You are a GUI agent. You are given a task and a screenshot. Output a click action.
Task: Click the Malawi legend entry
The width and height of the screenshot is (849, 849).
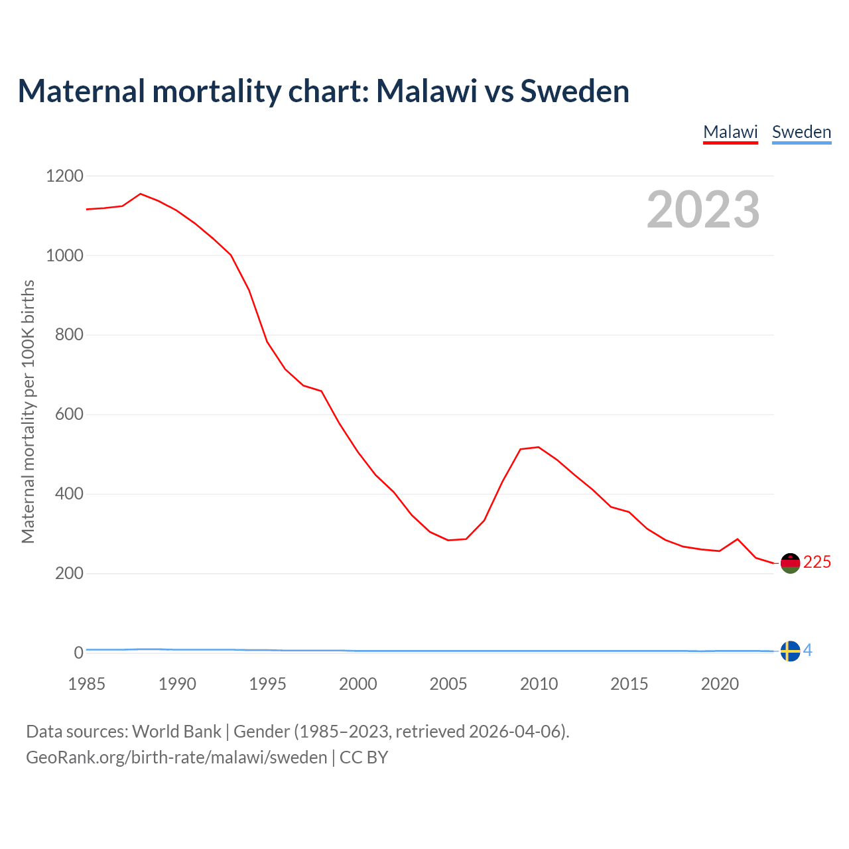(x=730, y=132)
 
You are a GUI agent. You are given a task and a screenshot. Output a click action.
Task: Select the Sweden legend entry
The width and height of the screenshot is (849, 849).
(x=801, y=132)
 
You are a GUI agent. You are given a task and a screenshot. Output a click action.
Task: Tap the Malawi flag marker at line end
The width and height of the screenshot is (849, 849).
(x=790, y=563)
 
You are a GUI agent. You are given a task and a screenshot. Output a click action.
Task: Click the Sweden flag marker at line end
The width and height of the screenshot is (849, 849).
(x=790, y=651)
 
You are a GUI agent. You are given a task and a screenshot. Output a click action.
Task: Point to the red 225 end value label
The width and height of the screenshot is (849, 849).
(x=817, y=562)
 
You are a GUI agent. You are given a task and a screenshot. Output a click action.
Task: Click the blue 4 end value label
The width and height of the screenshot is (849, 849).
(x=808, y=651)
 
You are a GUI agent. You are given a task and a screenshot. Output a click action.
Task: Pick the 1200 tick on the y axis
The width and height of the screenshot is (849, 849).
(x=64, y=176)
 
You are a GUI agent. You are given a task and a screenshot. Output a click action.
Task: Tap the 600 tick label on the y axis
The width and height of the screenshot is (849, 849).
(x=69, y=415)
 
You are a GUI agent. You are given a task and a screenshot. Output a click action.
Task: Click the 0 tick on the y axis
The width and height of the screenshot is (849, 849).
(x=79, y=653)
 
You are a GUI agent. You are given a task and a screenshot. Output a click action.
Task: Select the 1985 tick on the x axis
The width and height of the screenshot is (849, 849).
(x=87, y=684)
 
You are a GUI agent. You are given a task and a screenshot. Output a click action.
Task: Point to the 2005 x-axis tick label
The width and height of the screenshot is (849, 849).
(x=448, y=684)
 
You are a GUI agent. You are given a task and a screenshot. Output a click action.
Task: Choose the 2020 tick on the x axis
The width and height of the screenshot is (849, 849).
(x=720, y=684)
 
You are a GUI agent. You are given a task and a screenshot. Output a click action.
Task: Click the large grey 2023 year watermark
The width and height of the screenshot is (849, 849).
(x=703, y=210)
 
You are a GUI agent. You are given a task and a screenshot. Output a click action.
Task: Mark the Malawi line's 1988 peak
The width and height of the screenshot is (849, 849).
(x=141, y=194)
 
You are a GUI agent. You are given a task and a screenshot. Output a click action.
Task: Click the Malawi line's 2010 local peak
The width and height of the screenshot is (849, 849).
(x=538, y=447)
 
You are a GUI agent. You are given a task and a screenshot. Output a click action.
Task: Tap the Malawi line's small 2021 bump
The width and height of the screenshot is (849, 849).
(x=738, y=539)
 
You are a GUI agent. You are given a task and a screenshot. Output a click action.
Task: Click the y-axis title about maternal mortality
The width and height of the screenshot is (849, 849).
(x=28, y=411)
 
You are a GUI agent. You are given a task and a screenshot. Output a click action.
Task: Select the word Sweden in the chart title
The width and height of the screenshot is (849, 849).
(x=574, y=91)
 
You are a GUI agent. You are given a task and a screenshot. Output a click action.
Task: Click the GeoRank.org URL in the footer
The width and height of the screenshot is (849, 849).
(x=176, y=757)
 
